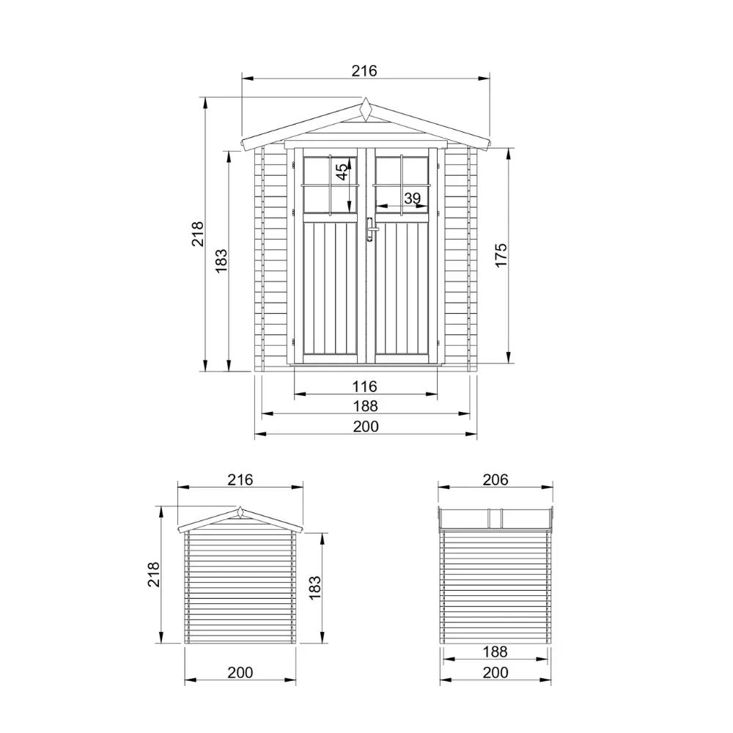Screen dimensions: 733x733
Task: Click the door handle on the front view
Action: pyautogui.click(x=371, y=229)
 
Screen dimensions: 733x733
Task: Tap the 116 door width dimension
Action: pyautogui.click(x=364, y=386)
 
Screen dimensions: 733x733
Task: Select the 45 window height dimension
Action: pyautogui.click(x=342, y=172)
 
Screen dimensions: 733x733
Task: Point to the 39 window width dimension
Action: pyautogui.click(x=412, y=198)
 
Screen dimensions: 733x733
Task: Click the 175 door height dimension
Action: pyautogui.click(x=501, y=255)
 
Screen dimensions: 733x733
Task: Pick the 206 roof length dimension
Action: pyautogui.click(x=496, y=479)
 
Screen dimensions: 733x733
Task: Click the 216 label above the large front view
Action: pyautogui.click(x=364, y=70)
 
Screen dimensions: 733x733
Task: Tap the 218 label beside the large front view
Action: pyautogui.click(x=197, y=234)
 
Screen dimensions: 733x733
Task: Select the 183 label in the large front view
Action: pyautogui.click(x=221, y=261)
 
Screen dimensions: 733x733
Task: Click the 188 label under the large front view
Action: pyautogui.click(x=366, y=406)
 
